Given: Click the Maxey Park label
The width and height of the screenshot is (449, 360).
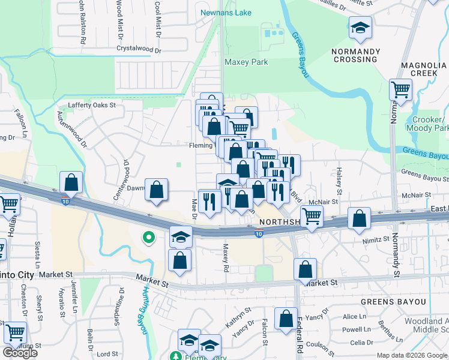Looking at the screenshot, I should [x=246, y=62].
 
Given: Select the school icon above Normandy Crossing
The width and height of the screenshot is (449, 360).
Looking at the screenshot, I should [x=360, y=28].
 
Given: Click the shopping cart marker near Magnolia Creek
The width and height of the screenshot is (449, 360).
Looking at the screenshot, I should [x=400, y=91].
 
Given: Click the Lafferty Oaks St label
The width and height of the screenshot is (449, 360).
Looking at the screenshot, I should [x=91, y=105].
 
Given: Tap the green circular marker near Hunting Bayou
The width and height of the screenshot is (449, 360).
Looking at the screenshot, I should [x=148, y=238].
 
